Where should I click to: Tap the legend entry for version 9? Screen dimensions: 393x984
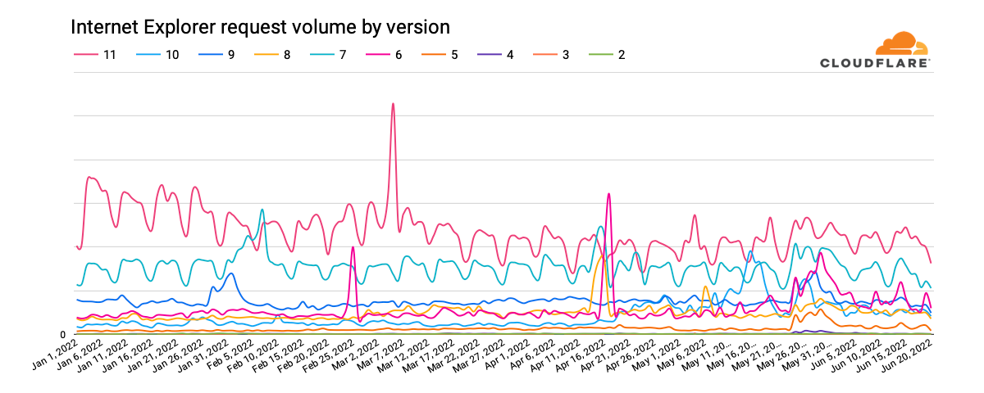pos(220,55)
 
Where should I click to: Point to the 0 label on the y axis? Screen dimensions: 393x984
pos(63,335)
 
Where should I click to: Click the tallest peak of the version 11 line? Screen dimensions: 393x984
pos(394,104)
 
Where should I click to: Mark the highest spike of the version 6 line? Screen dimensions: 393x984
pos(608,194)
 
